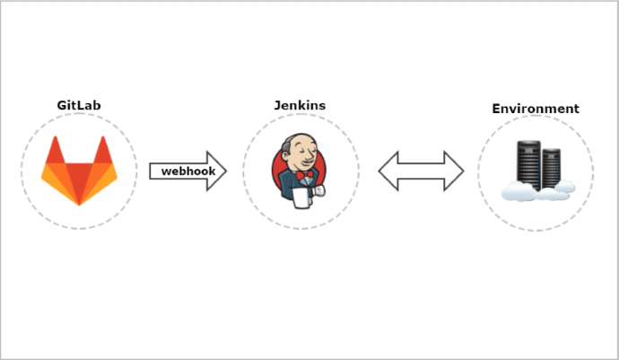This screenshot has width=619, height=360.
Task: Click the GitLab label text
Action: [x=79, y=105]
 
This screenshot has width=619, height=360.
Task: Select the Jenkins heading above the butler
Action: [x=300, y=105]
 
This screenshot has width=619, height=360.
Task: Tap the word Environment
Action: [x=536, y=109]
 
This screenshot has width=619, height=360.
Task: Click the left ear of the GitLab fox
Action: [x=55, y=150]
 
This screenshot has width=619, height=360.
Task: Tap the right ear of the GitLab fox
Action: [x=103, y=150]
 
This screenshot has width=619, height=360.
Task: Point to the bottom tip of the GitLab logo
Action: [x=79, y=203]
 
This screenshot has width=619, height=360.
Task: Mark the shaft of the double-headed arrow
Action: [x=421, y=171]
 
